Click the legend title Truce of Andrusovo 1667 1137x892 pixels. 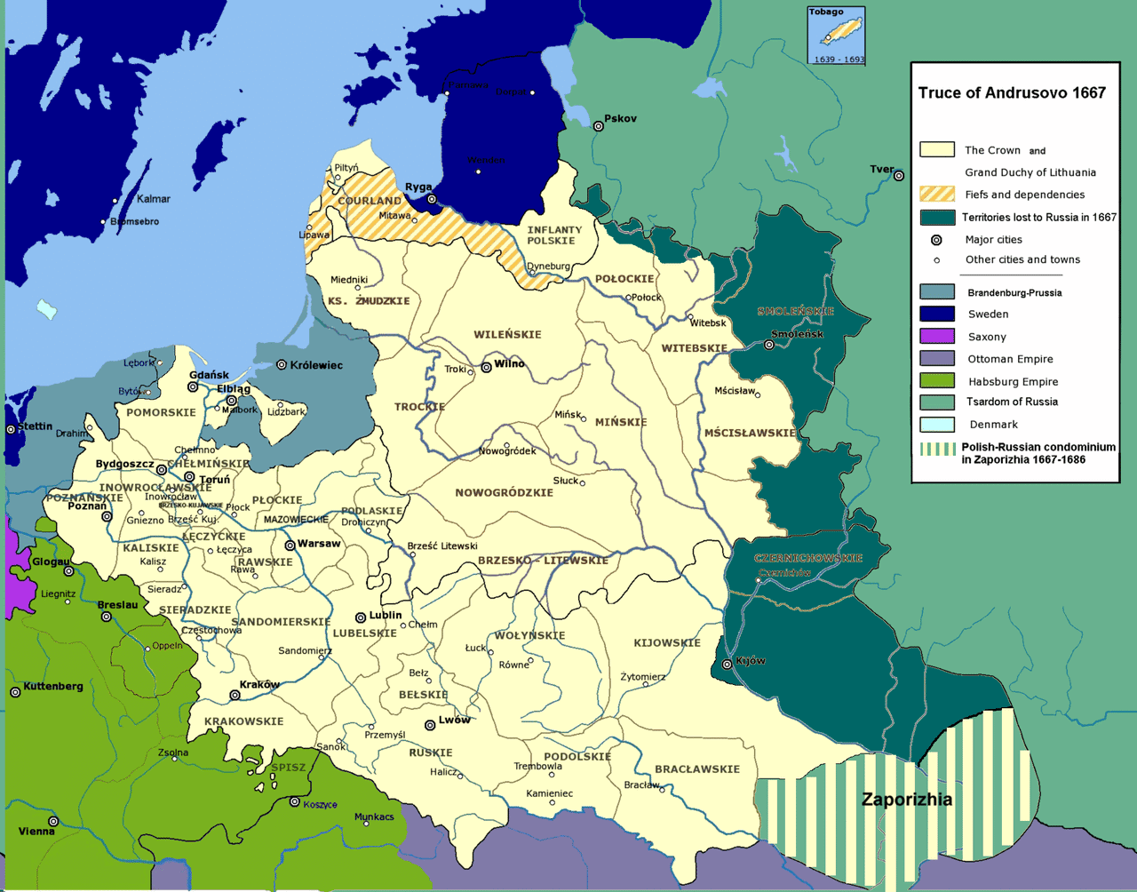1012,93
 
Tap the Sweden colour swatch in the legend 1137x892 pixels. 937,314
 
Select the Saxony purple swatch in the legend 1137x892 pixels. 937,336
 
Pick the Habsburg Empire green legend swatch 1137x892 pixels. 937,381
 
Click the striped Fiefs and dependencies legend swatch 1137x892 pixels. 937,194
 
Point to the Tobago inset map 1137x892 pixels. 836,36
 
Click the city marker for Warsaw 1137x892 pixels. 290,545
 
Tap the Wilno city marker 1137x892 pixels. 486,366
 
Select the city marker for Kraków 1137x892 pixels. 235,695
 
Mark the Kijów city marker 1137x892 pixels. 728,664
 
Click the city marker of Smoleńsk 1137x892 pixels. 769,345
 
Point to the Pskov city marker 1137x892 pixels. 599,126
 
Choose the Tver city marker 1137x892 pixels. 899,176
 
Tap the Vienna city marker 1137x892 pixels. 53,821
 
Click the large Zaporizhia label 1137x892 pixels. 906,800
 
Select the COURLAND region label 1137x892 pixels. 370,201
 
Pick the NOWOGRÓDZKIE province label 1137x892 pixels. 504,492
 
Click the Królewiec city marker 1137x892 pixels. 282,364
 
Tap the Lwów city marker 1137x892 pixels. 430,725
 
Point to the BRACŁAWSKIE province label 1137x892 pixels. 696,769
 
